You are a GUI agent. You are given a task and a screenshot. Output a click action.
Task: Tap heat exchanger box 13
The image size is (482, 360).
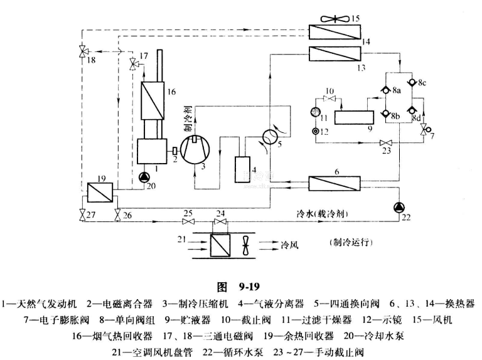point(335,55)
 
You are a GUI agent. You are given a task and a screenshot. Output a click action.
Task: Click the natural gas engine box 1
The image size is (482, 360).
point(151,151)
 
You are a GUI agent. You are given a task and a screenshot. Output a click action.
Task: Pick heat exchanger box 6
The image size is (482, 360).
point(334,184)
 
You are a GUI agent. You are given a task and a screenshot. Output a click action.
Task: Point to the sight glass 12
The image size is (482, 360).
point(315,131)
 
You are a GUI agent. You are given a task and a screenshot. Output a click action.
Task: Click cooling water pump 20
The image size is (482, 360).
point(144,177)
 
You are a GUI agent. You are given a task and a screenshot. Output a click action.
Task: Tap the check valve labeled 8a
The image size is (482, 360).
point(385,91)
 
